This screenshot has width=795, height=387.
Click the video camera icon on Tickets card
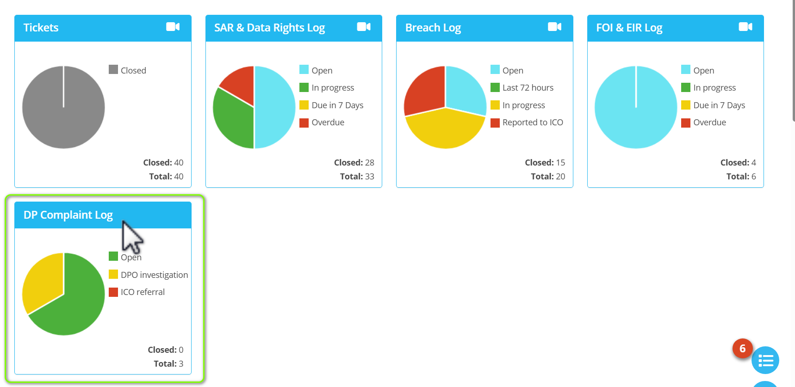[x=173, y=27]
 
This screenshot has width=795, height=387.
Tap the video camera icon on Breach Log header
[x=554, y=27]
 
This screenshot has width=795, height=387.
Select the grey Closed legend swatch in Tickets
[x=113, y=70]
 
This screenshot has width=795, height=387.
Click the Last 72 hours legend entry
[x=528, y=87]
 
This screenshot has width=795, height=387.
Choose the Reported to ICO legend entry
[x=532, y=123]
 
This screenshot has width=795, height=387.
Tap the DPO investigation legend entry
[x=154, y=275]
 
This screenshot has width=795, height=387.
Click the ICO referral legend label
[x=143, y=292]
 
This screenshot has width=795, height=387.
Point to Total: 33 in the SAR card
[x=357, y=176]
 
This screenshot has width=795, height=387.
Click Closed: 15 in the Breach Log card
[x=545, y=162]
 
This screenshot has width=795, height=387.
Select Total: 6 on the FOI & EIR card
[x=741, y=176]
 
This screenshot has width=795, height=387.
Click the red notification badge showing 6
[x=742, y=349]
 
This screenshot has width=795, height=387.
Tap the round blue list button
[x=765, y=360]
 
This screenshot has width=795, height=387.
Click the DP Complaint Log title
[x=68, y=215]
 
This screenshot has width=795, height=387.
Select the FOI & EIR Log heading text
[x=629, y=28]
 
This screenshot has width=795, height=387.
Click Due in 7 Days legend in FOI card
[x=719, y=105]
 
